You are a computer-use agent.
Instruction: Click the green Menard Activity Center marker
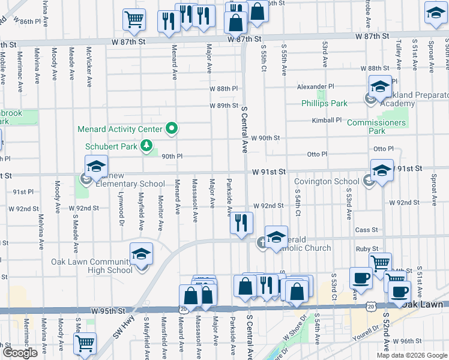pos(172,128)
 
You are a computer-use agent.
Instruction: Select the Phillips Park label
pos(324,103)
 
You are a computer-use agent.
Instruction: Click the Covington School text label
pos(327,182)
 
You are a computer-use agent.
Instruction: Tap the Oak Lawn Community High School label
pos(92,266)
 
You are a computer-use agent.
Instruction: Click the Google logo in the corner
pos(20,353)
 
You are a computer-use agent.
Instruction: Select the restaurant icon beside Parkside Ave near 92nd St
pos(241,223)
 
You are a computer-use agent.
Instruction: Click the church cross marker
pos(262,242)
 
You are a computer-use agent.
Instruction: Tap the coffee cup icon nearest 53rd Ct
pos(360,278)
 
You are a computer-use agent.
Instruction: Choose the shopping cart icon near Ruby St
pos(380,263)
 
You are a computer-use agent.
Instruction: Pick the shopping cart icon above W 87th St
pos(134,19)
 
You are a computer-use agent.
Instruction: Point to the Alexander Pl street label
pos(315,87)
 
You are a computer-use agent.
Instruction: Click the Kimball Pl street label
pos(326,120)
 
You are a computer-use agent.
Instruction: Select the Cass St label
pos(366,229)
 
